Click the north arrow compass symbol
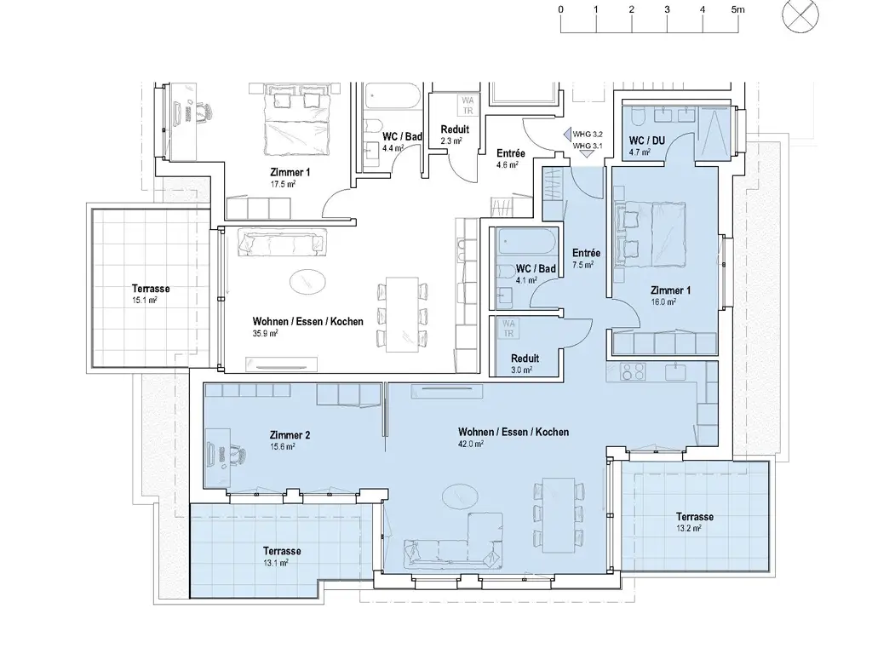pyautogui.click(x=800, y=15)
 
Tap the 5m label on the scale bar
pyautogui.click(x=737, y=9)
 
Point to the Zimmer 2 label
pyautogui.click(x=290, y=435)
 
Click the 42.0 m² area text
pyautogui.click(x=470, y=444)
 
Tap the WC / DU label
pyautogui.click(x=647, y=141)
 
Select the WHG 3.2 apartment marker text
pyautogui.click(x=588, y=134)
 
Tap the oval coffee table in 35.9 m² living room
pyautogui.click(x=307, y=281)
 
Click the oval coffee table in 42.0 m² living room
pyautogui.click(x=459, y=496)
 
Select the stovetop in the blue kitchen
pyautogui.click(x=633, y=371)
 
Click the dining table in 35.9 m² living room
pyautogui.click(x=402, y=314)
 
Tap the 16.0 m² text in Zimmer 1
pyautogui.click(x=663, y=302)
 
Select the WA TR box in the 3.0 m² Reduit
pyautogui.click(x=509, y=328)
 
